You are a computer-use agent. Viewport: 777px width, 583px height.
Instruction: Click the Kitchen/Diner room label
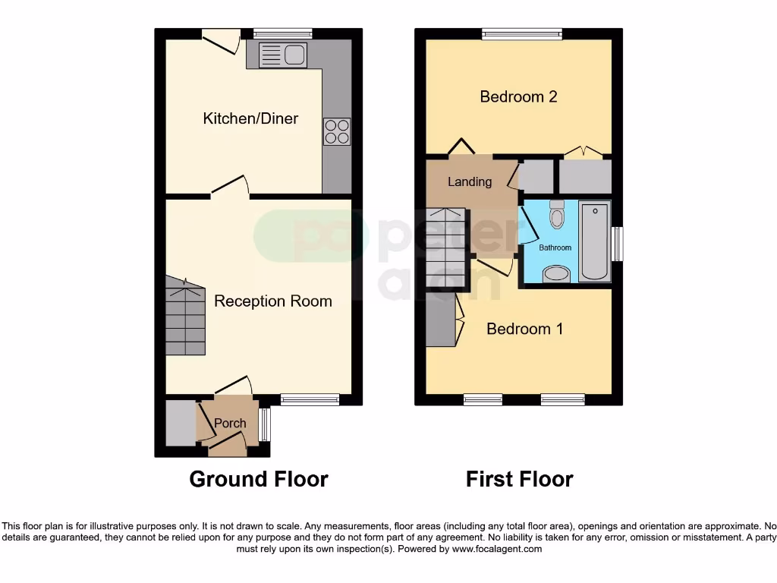point(250,118)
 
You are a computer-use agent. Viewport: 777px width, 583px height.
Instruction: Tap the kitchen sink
point(282,55)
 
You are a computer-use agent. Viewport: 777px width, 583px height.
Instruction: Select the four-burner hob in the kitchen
point(337,131)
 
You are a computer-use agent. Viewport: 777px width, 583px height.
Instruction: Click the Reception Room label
point(272,301)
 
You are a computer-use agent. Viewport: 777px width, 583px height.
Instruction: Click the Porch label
point(230,424)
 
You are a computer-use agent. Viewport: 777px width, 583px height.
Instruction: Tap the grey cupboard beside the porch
point(181,423)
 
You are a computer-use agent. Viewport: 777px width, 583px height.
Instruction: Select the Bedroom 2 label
point(518,96)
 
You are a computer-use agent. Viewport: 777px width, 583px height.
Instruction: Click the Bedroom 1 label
point(524,329)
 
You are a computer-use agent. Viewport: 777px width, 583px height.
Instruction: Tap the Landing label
point(469,181)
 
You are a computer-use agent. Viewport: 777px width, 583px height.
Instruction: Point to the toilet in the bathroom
point(557,214)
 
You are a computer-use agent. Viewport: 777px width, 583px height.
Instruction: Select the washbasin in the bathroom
point(557,273)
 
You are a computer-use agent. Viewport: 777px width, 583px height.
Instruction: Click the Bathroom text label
point(555,247)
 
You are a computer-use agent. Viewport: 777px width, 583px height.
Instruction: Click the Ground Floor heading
point(258,479)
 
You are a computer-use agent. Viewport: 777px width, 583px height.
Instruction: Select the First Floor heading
point(519,479)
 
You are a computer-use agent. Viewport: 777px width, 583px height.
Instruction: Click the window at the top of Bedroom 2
point(522,33)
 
